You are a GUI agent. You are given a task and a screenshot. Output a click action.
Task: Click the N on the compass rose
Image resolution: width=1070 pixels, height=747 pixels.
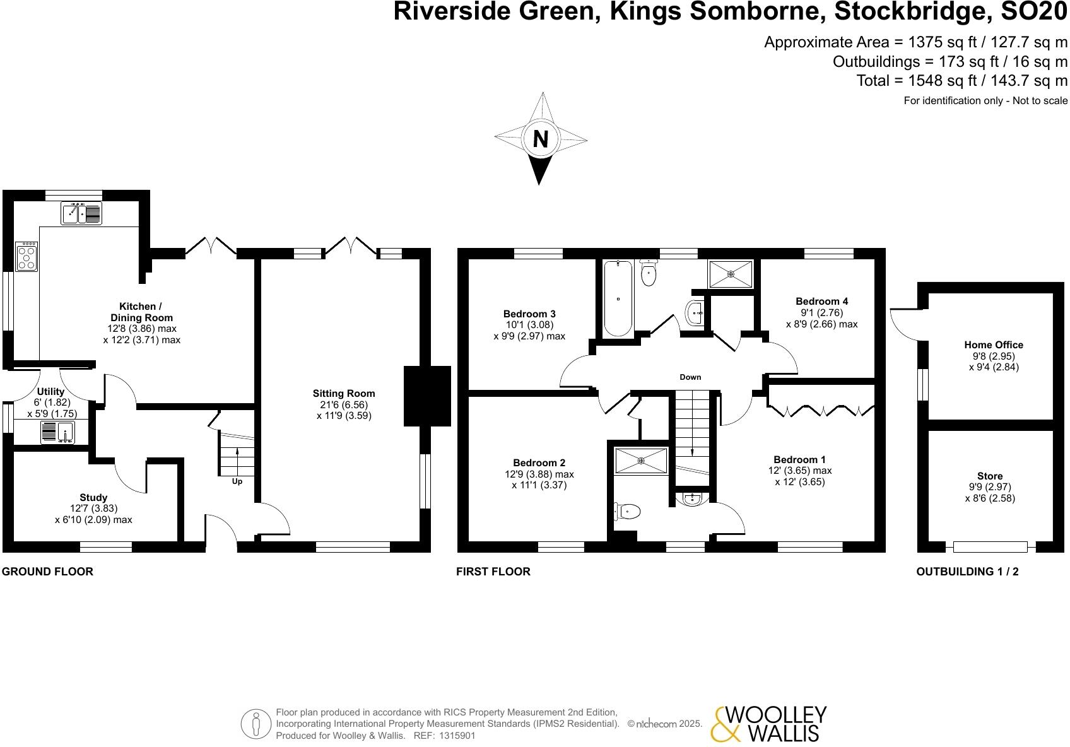pyautogui.click(x=540, y=139)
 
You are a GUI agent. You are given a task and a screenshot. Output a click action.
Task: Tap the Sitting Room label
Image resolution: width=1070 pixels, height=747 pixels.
pyautogui.click(x=344, y=394)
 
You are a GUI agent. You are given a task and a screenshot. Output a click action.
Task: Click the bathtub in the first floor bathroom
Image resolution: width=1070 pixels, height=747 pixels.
pyautogui.click(x=618, y=298)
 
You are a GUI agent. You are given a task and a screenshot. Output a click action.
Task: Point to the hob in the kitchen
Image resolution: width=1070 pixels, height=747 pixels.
pyautogui.click(x=26, y=257)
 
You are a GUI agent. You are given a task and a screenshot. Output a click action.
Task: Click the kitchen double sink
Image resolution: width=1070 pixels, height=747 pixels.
pyautogui.click(x=81, y=213)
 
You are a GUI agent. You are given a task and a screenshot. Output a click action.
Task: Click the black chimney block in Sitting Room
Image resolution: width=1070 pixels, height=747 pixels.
pyautogui.click(x=426, y=396)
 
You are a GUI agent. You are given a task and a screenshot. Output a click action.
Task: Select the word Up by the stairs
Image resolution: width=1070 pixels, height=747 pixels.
pyautogui.click(x=237, y=481)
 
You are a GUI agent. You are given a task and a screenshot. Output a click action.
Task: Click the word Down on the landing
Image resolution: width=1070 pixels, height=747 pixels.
pyautogui.click(x=690, y=377)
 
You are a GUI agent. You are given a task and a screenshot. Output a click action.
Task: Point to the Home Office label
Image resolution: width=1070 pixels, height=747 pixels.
pyautogui.click(x=993, y=345)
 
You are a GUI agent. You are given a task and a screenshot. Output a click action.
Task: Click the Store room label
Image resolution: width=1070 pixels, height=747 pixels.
pyautogui.click(x=989, y=476)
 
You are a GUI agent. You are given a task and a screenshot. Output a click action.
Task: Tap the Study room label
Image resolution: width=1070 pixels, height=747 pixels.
pyautogui.click(x=93, y=498)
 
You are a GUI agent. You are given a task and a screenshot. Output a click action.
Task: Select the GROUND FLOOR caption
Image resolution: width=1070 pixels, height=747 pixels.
pyautogui.click(x=47, y=572)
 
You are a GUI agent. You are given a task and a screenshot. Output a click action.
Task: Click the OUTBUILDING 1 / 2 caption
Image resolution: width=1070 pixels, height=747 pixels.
pyautogui.click(x=967, y=572)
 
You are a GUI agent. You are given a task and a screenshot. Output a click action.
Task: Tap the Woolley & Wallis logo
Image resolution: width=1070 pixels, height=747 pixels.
pyautogui.click(x=768, y=723)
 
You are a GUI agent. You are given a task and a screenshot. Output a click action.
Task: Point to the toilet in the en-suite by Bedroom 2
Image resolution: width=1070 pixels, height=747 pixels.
pyautogui.click(x=628, y=510)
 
